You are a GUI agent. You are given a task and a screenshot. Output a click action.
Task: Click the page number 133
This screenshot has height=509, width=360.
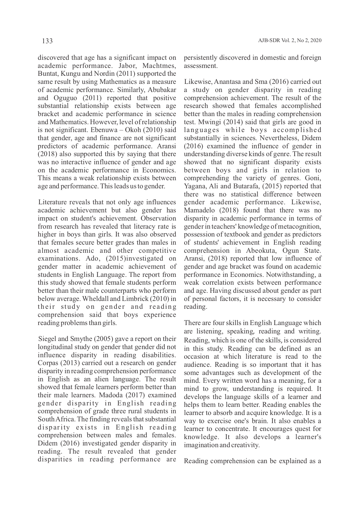point(47,41)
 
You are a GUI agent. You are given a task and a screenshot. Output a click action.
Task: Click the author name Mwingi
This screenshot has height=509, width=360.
point(209,122)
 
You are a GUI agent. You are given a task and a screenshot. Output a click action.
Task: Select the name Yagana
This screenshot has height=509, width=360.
point(195,186)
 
